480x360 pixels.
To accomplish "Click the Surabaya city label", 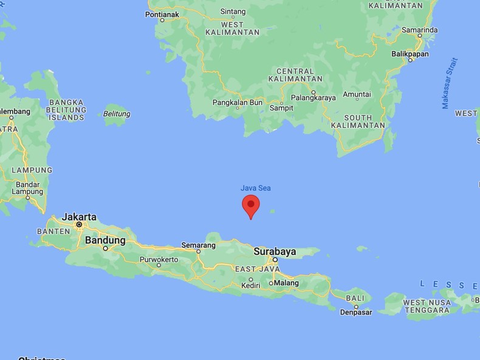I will tap(274, 251).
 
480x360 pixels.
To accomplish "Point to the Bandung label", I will tap(105, 240).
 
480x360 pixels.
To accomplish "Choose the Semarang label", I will tap(199, 245).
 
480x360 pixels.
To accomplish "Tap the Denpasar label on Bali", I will tap(355, 312).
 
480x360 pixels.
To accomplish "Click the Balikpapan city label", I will tap(410, 53).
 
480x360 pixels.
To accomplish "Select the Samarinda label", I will tap(419, 29).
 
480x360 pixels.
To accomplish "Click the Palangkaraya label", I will tap(314, 96).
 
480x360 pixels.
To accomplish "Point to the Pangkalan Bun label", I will tap(238, 102).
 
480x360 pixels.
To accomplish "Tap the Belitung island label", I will tap(117, 114).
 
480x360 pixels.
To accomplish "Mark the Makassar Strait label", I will tap(449, 84).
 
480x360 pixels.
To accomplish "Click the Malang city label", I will tap(286, 283).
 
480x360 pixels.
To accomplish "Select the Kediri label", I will tap(250, 285).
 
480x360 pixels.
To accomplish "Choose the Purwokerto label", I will tap(159, 259).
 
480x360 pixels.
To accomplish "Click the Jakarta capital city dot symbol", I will tap(79, 225).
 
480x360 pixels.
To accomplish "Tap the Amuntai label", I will tap(357, 94).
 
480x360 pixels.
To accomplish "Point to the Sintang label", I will tap(233, 11).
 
